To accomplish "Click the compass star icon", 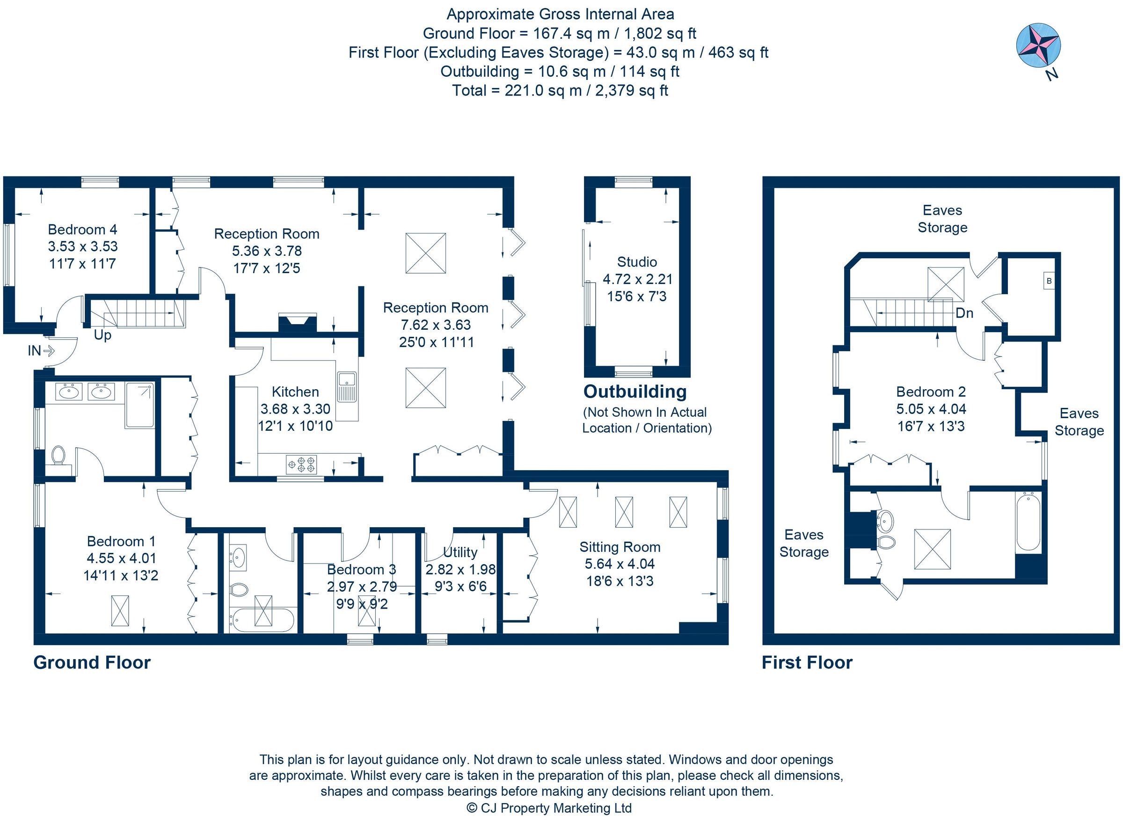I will coord(1038,45).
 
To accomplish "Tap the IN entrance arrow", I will coord(48,351).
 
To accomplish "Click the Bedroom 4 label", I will coord(82,229).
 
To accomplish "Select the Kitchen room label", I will coord(295,392).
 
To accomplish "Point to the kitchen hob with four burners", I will coord(301,464).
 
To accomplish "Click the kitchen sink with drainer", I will coord(347,387).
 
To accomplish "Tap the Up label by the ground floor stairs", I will coord(102,334).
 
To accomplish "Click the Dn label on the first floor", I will coord(963,313).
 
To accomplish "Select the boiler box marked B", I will coord(1049,281).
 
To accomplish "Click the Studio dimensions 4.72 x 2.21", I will coord(637,279).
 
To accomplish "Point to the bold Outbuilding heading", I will coord(634,392).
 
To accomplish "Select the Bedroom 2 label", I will coord(930,392).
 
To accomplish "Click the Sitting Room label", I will coord(620,547).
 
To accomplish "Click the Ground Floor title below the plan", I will coord(92,663).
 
